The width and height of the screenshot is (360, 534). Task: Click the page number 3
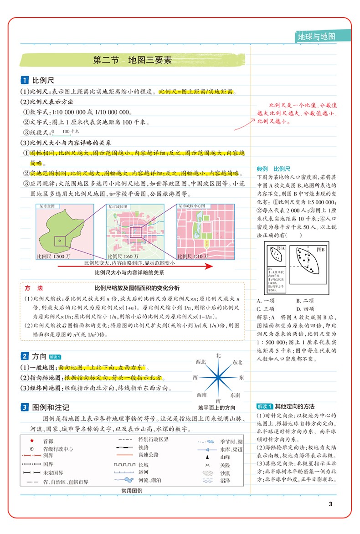click(x=331, y=503)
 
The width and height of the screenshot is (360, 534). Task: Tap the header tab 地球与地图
click(x=316, y=36)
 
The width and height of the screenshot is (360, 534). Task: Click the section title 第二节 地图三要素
click(x=132, y=60)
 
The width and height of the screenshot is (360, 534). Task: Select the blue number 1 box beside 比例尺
click(x=25, y=80)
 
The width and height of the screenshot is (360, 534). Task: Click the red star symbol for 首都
click(x=31, y=441)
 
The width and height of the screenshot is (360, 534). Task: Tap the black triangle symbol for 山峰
click(x=207, y=457)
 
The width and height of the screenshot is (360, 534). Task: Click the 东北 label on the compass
click(x=237, y=362)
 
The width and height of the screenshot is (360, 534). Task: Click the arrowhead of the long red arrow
click(x=209, y=266)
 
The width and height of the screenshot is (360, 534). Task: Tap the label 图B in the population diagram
click(x=320, y=250)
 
